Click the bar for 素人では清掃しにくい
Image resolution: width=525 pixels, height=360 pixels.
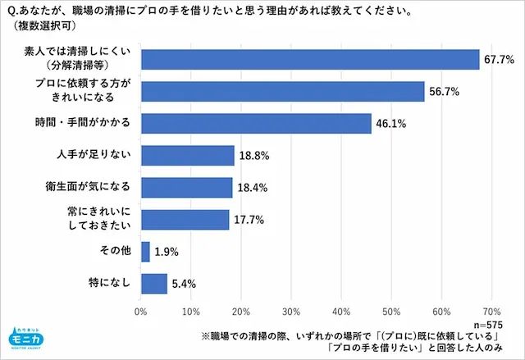[x=310, y=60]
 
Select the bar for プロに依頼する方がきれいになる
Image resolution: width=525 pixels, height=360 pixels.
[x=282, y=91]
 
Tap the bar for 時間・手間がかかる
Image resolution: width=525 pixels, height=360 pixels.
[x=256, y=123]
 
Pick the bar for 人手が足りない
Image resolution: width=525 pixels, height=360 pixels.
[x=188, y=155]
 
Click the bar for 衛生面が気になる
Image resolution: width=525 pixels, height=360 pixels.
[x=187, y=187]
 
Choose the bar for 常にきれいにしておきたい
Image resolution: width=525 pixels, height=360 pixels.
[x=185, y=219]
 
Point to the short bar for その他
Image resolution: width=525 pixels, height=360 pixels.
[x=145, y=251]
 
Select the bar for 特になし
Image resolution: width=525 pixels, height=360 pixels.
[x=154, y=283]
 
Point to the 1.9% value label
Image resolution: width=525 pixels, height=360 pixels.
[x=167, y=252]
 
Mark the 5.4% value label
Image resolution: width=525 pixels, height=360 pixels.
[x=184, y=284]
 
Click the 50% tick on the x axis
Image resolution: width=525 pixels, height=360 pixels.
[x=391, y=312]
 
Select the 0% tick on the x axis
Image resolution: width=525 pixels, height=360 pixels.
[x=140, y=312]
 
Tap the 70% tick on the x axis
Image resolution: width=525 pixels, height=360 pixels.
[x=491, y=312]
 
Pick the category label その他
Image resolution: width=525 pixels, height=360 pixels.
[x=115, y=251]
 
